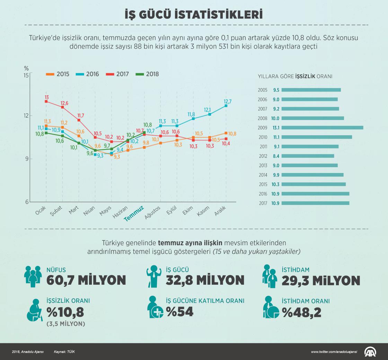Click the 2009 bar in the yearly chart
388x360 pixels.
click(x=322, y=128)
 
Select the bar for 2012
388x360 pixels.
click(x=308, y=156)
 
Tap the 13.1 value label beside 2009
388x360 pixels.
click(x=276, y=128)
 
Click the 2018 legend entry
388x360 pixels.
click(x=148, y=74)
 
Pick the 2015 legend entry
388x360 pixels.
click(x=58, y=74)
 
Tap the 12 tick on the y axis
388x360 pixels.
click(x=25, y=115)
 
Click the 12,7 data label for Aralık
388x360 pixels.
click(x=228, y=101)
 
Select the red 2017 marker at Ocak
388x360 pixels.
click(x=46, y=101)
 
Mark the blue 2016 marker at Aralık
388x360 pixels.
click(x=226, y=105)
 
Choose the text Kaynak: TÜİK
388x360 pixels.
click(x=64, y=352)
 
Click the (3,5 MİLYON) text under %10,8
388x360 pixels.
click(x=66, y=324)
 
